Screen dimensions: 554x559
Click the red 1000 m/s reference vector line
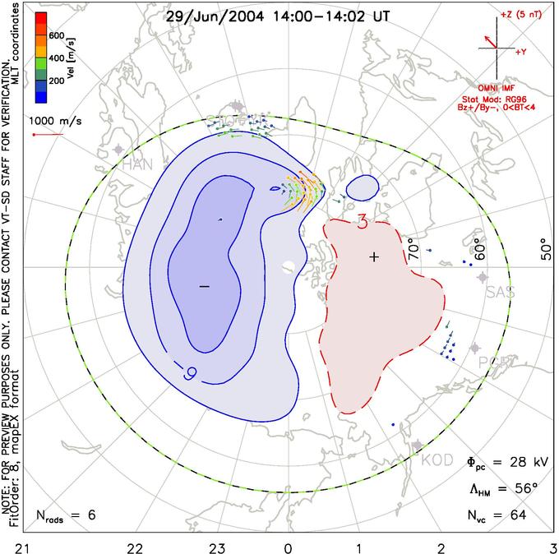[46, 135]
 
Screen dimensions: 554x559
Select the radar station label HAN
[138, 164]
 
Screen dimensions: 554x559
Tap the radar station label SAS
[500, 293]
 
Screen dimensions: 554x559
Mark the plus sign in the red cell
[375, 257]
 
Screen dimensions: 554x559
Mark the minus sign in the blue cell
[205, 285]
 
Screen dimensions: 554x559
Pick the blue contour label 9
[190, 373]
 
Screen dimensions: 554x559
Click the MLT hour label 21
[28, 543]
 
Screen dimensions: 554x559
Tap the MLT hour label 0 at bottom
[288, 543]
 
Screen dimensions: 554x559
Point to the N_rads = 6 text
[67, 515]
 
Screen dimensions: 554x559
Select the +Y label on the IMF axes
[520, 51]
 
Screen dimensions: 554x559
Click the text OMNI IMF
[501, 86]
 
